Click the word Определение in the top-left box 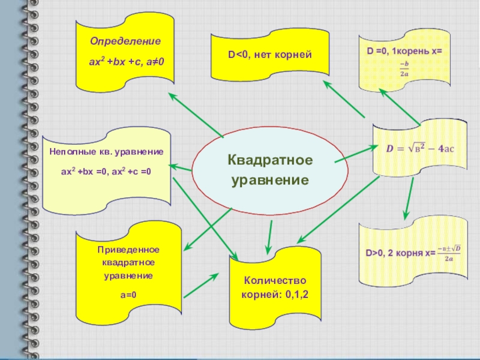[125, 42]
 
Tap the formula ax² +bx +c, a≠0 [125, 61]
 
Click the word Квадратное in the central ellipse [270, 161]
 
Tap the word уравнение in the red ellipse [270, 180]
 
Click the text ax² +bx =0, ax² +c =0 [106, 172]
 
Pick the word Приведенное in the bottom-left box [130, 250]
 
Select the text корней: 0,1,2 [274, 295]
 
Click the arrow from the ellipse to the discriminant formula [353, 154]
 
